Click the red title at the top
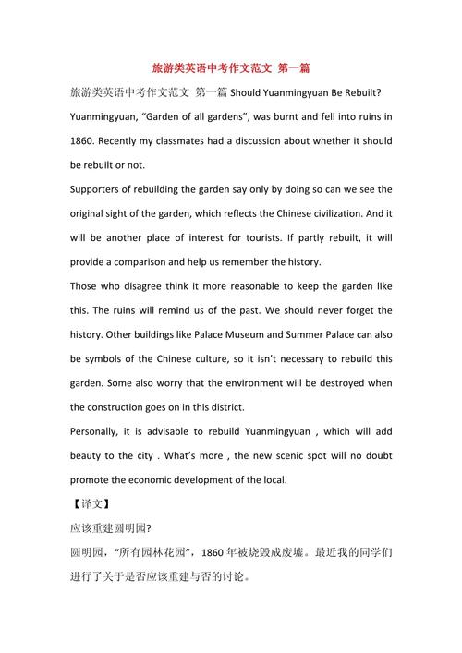231,68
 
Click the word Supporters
99,189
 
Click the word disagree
152,286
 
